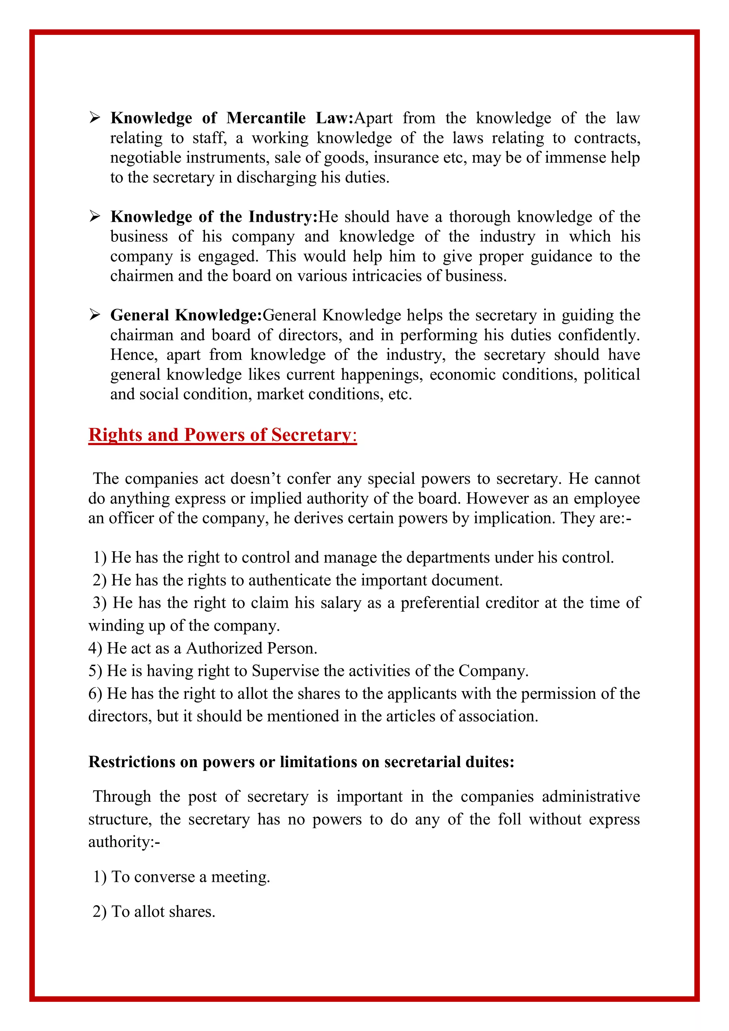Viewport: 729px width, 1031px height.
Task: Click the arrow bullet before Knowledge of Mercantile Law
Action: pos(94,118)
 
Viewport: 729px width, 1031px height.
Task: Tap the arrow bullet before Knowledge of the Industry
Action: pos(94,217)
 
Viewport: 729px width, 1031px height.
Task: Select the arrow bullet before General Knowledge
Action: pos(94,315)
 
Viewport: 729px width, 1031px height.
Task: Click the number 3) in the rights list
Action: pos(99,603)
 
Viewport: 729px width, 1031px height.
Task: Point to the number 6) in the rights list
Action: pos(95,694)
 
